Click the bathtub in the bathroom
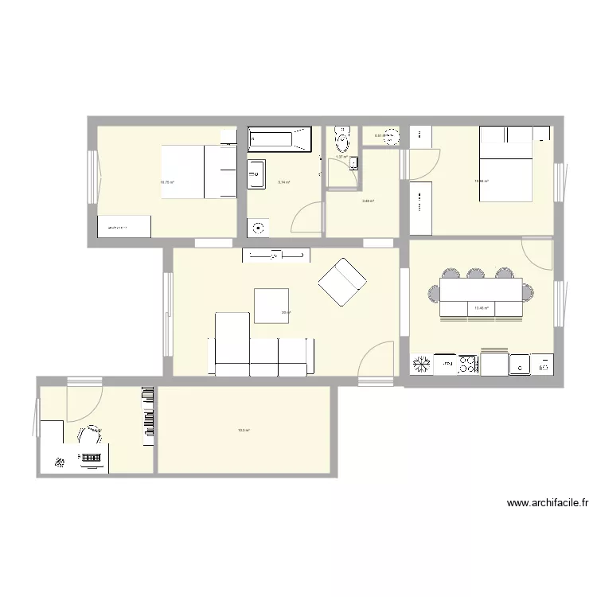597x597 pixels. [x=278, y=140]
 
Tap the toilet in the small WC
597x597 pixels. [x=342, y=139]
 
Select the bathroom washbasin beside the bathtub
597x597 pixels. [x=256, y=174]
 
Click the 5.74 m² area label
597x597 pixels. [x=283, y=182]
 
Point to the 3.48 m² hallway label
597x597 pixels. [x=368, y=201]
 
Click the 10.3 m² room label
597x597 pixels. [x=244, y=431]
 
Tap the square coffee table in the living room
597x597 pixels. [x=271, y=306]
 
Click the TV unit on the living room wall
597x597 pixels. [x=276, y=255]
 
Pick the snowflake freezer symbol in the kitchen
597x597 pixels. [x=421, y=365]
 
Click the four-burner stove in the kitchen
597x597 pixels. [x=467, y=365]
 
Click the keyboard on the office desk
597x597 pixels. [x=91, y=458]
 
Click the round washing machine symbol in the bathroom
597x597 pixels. [x=258, y=228]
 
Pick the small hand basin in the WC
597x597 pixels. [x=354, y=163]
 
